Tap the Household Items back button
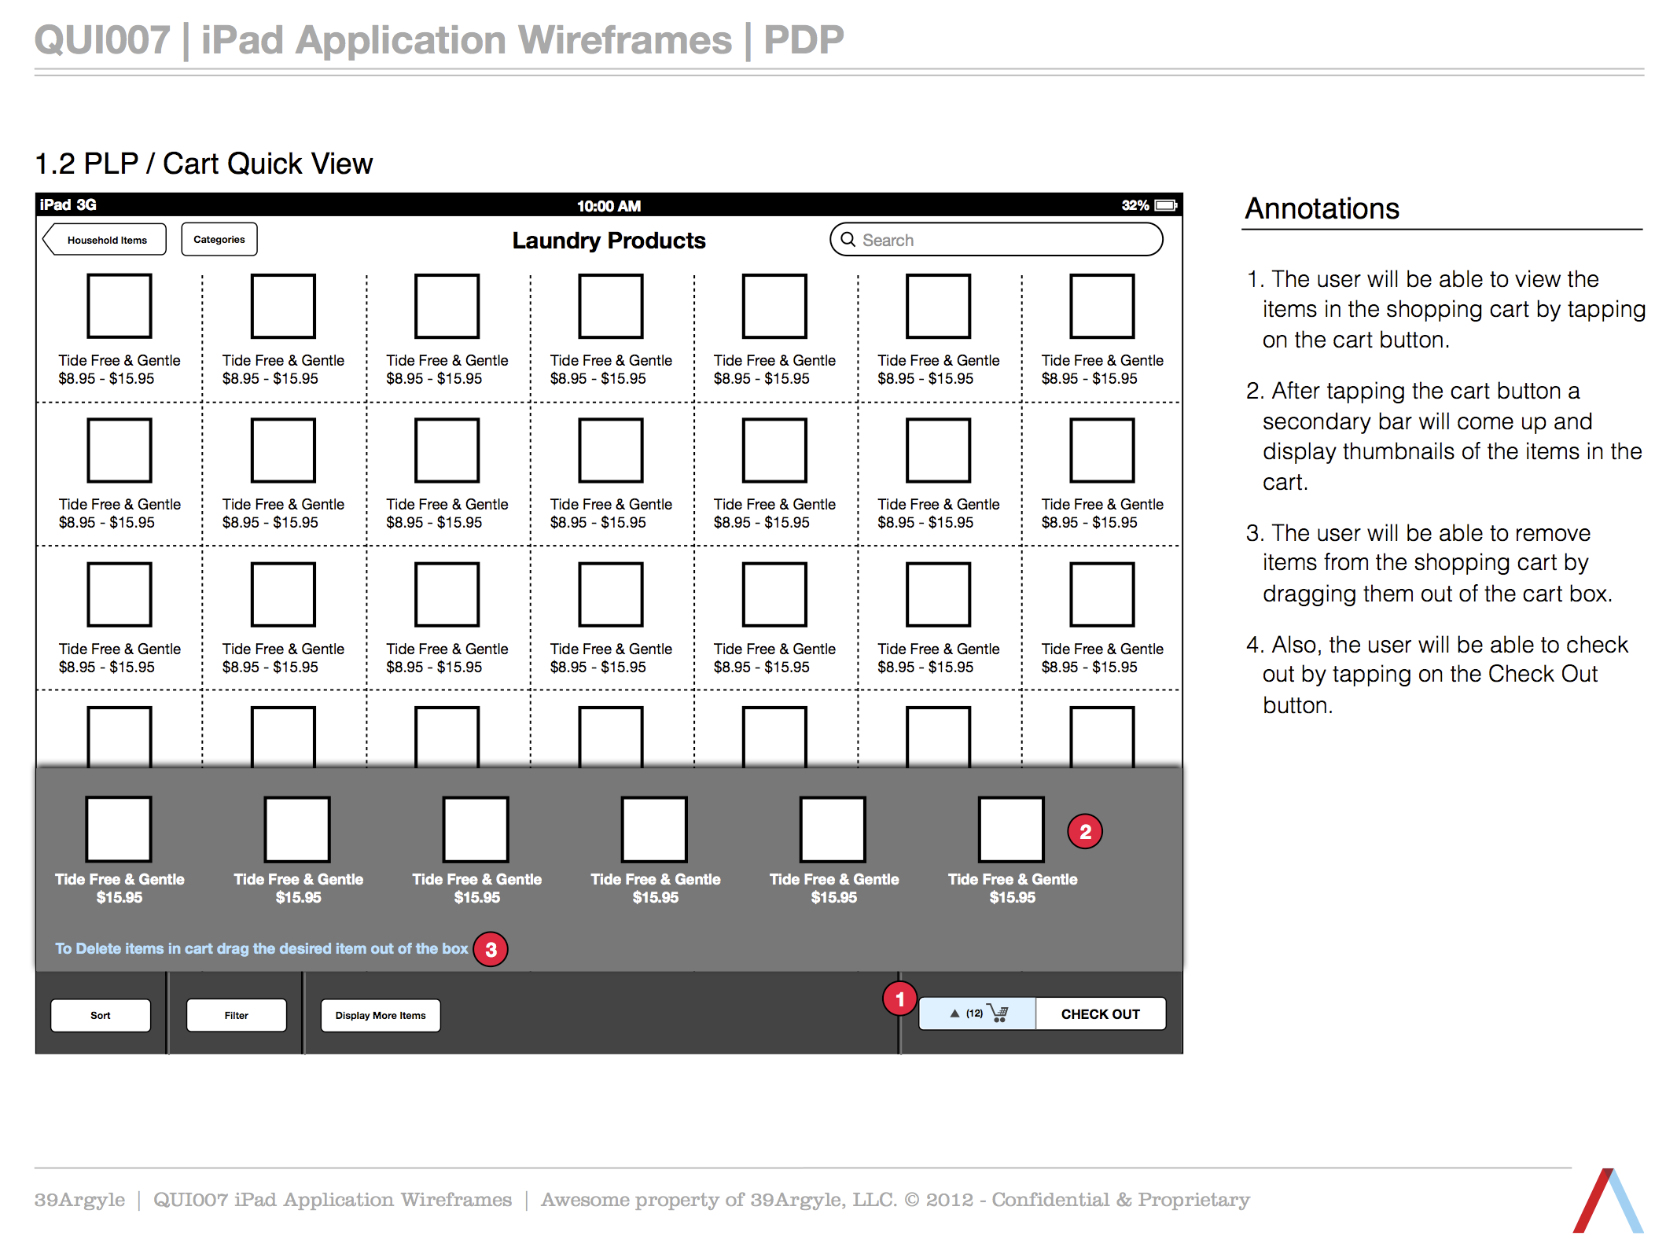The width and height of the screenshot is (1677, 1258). (105, 240)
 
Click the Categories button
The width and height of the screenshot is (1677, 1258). (219, 239)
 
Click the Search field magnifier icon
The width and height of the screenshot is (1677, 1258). (848, 239)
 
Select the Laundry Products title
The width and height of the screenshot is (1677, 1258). (609, 240)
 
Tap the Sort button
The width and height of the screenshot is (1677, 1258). (101, 1015)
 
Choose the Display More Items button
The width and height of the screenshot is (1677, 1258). (381, 1015)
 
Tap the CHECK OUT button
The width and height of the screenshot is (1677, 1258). (1100, 1013)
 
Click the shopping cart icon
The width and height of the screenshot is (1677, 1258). (998, 1013)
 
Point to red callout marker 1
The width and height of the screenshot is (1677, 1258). (899, 999)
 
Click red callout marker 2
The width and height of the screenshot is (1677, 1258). (1085, 831)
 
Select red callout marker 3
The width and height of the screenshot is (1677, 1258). (491, 949)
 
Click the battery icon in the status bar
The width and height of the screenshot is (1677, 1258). (1166, 205)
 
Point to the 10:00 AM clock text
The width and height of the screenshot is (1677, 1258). (609, 206)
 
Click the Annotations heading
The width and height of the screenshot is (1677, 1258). (1322, 208)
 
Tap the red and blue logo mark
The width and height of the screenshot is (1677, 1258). (1608, 1200)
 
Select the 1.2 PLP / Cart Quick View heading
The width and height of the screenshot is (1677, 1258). (204, 164)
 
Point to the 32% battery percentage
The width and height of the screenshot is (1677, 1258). (1135, 205)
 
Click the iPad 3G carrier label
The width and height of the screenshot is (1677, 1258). (68, 204)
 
